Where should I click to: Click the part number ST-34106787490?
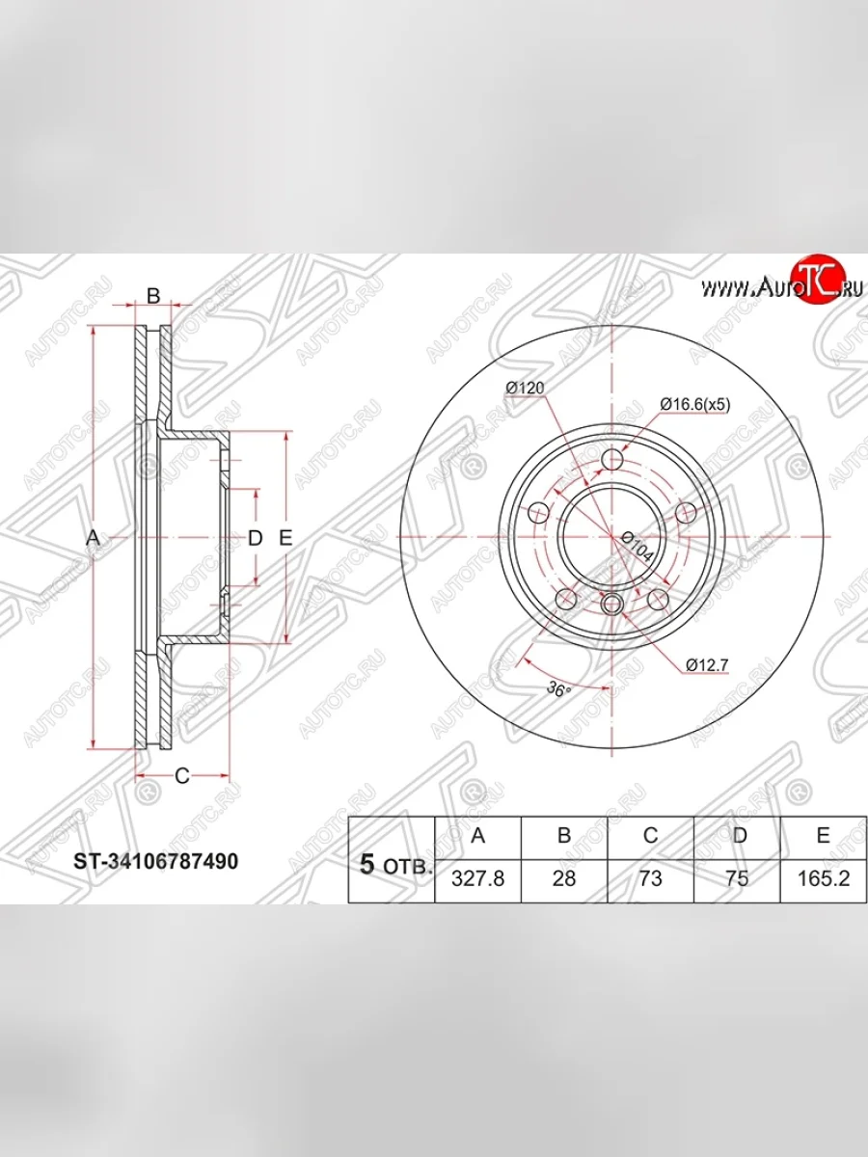(156, 861)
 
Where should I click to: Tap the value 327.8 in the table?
(478, 878)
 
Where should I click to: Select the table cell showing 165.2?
(824, 878)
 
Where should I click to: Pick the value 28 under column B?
(564, 878)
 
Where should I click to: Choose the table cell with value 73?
(650, 878)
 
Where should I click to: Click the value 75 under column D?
(737, 878)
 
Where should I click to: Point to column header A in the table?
(478, 836)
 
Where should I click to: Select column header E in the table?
(824, 836)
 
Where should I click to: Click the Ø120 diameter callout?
(525, 388)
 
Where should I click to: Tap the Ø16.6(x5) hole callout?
(695, 405)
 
